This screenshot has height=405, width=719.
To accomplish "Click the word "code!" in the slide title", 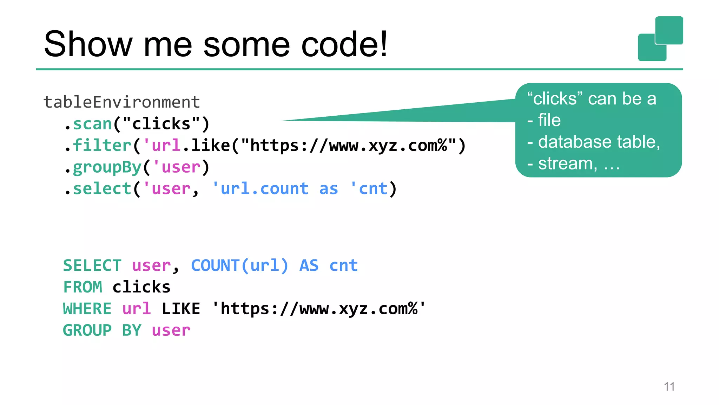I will pyautogui.click(x=344, y=44).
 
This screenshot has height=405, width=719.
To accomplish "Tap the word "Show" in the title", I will pyautogui.click(x=88, y=44).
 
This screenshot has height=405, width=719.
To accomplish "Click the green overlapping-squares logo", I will pyautogui.click(x=660, y=39).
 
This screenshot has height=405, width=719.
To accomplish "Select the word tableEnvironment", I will pyautogui.click(x=121, y=102).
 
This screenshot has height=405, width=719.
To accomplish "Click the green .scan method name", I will pyautogui.click(x=92, y=124).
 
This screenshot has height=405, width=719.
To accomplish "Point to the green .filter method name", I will pyautogui.click(x=102, y=146).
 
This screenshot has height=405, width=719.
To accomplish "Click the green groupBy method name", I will pyautogui.click(x=107, y=167).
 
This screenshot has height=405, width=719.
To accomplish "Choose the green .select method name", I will pyautogui.click(x=102, y=189).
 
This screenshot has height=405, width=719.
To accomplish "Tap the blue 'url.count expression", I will pyautogui.click(x=260, y=189).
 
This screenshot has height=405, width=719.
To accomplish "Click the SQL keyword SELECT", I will pyautogui.click(x=92, y=265).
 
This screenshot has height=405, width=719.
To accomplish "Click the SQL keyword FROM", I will pyautogui.click(x=83, y=287).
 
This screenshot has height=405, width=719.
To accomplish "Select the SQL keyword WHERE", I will pyautogui.click(x=87, y=309).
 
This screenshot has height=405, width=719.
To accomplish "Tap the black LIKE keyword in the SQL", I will pyautogui.click(x=181, y=309).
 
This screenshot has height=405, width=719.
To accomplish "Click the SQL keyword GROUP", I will pyautogui.click(x=87, y=330).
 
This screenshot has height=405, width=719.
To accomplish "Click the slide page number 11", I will pyautogui.click(x=669, y=387).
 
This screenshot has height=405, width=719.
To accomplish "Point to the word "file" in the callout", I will pyautogui.click(x=549, y=120).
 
